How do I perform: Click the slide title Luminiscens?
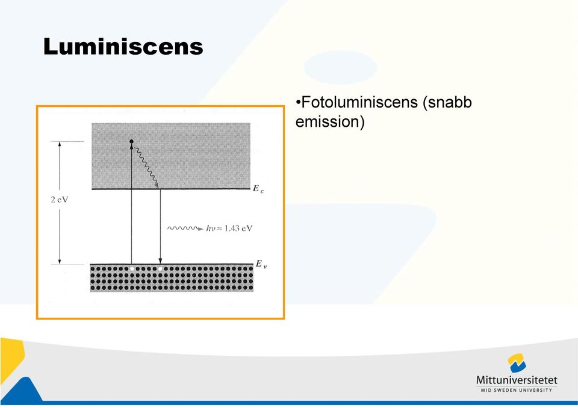(123, 47)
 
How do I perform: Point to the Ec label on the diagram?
(258, 189)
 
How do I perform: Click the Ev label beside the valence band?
(261, 264)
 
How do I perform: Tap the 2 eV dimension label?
(60, 199)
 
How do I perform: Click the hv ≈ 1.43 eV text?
(229, 228)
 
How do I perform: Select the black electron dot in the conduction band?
(131, 141)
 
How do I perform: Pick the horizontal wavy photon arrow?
(185, 228)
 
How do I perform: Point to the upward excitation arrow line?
(132, 204)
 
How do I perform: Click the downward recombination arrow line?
(160, 227)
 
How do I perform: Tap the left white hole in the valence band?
(132, 269)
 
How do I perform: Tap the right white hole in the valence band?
(160, 269)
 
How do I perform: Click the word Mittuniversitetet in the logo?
(517, 380)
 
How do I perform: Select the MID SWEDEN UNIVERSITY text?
(517, 390)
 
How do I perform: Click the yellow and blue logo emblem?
(517, 363)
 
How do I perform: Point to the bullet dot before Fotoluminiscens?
(298, 102)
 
